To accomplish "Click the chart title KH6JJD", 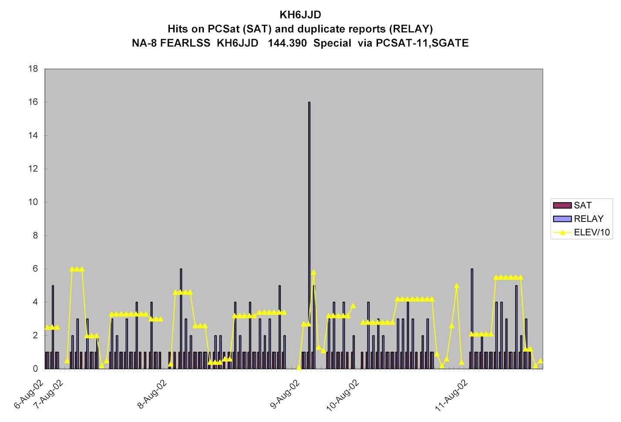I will (x=300, y=15).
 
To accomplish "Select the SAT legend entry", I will (x=583, y=205).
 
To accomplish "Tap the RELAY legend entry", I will (x=588, y=219).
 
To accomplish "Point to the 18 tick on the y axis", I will (x=34, y=69).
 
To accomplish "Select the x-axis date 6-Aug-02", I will (x=30, y=394).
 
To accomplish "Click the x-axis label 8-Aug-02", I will (x=152, y=394).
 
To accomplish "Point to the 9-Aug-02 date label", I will (x=285, y=394).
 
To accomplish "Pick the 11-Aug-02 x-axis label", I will (x=451, y=394).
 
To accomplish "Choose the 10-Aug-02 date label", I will (x=343, y=394).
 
